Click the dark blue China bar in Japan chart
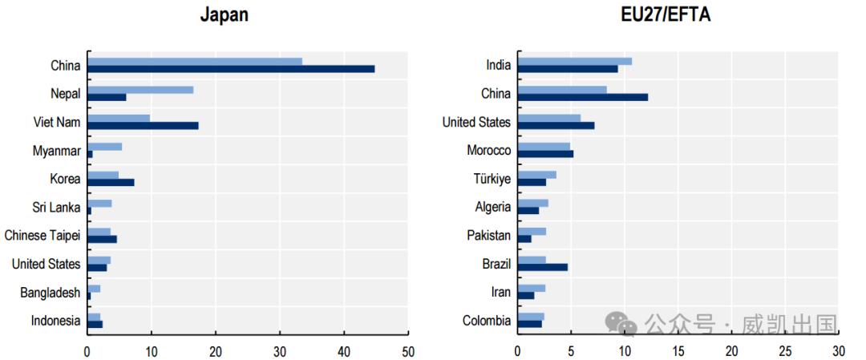(231, 69)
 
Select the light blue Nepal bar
(140, 90)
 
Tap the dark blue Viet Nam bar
(143, 126)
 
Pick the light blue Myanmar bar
(105, 147)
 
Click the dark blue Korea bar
(111, 182)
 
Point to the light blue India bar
(574, 61)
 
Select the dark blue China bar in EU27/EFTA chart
(582, 98)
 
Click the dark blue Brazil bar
(542, 267)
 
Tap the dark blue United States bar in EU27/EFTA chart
(556, 126)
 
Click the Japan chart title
(224, 15)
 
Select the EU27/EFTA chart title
(665, 15)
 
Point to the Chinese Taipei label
(42, 236)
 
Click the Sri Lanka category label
(56, 208)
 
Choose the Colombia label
(487, 321)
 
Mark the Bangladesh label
(50, 293)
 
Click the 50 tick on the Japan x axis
(408, 350)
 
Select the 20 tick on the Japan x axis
(216, 350)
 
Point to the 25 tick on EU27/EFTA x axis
(785, 350)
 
